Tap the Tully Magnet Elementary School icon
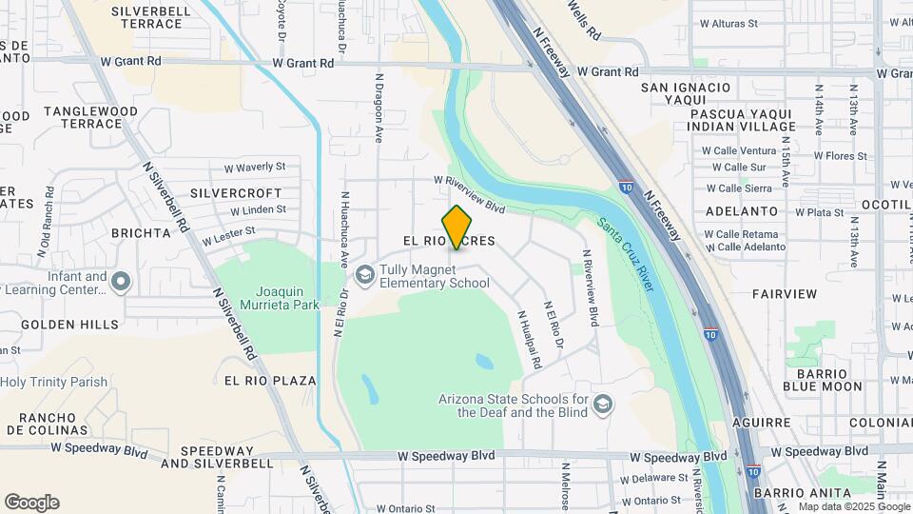pos(363,275)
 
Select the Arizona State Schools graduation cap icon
pos(601,406)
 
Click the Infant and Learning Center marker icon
pos(120,282)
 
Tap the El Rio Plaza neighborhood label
pos(270,381)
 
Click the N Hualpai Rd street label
pos(530,339)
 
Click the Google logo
pos(31,503)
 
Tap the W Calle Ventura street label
pos(739,150)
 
